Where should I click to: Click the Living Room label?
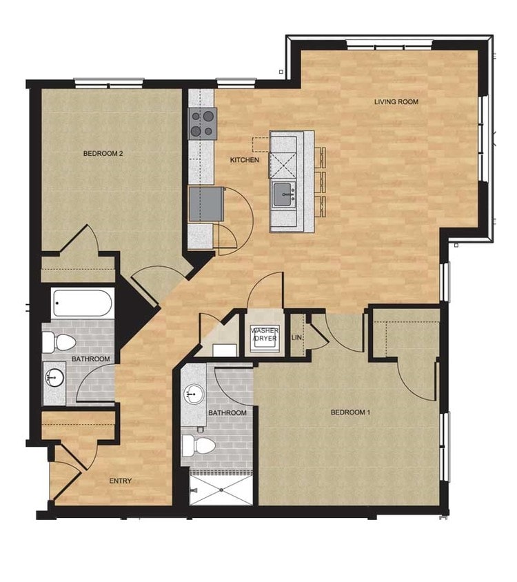[x=396, y=102]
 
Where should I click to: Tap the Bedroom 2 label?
[x=103, y=153]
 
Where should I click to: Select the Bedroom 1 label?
[x=351, y=412]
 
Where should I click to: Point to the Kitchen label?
[x=245, y=160]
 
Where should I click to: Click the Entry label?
[x=120, y=481]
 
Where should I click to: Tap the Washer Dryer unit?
[x=265, y=337]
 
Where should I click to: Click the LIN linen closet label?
[x=297, y=337]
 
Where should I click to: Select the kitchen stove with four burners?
[x=203, y=123]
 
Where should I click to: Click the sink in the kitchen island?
[x=283, y=194]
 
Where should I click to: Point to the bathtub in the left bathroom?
[x=81, y=303]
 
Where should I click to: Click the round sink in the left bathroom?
[x=55, y=377]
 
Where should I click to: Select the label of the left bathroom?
[x=91, y=359]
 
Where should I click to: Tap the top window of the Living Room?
[x=389, y=46]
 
